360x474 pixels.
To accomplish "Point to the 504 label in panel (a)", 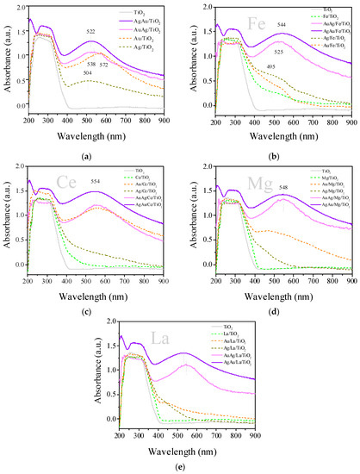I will pyautogui.click(x=86, y=75).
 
